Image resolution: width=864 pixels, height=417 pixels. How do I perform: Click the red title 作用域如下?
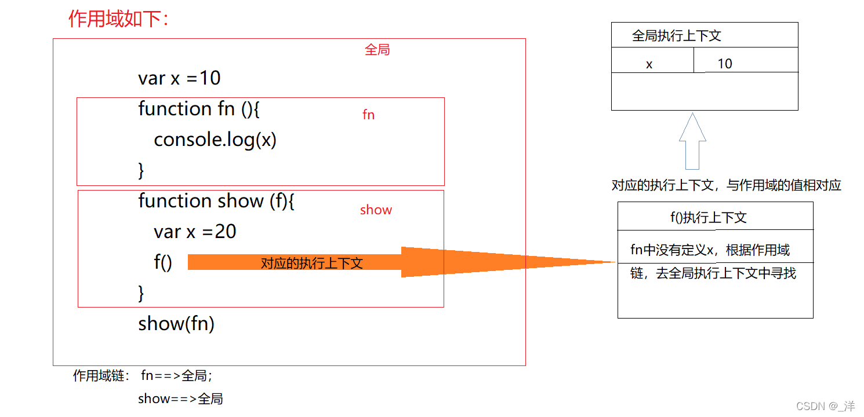coord(118,19)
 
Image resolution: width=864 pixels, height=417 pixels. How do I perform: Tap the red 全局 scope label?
coord(377,50)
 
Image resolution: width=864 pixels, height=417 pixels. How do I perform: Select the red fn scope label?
coord(368,115)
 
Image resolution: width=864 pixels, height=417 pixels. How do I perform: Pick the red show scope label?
coord(376,210)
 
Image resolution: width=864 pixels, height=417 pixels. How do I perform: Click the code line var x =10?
coord(179,78)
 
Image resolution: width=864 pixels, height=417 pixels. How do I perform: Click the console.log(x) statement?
coord(215,140)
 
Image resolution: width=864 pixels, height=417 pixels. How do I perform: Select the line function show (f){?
coord(216,201)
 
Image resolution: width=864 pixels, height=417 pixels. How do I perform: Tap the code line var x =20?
coord(195,232)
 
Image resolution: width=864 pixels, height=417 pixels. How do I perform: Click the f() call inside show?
coord(163,262)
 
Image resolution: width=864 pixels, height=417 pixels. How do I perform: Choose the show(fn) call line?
coord(176,323)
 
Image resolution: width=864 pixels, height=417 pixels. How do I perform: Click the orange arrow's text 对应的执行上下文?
coord(311,263)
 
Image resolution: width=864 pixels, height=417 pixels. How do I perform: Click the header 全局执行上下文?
coord(676,36)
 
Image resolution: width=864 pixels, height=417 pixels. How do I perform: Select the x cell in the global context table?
coord(649,64)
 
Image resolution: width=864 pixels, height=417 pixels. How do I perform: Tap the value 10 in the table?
coord(725,64)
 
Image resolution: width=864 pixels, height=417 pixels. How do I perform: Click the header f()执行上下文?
coord(708,218)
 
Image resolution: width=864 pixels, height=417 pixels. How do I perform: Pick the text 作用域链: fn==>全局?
coord(143,376)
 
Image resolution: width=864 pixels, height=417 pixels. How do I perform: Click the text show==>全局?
coord(180,398)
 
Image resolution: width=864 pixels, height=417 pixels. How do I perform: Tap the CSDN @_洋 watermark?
coord(825,405)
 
